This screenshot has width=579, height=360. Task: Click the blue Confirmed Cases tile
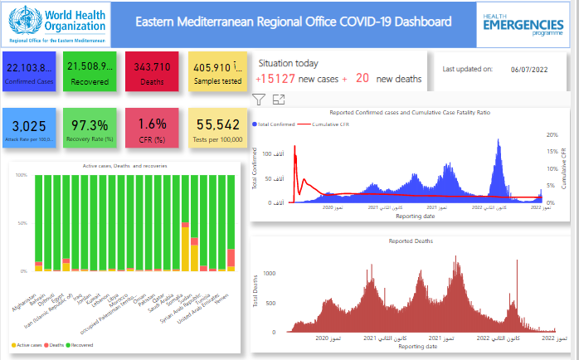tap(29, 71)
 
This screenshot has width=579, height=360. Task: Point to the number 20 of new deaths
tap(362, 78)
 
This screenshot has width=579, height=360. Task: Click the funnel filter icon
tap(259, 100)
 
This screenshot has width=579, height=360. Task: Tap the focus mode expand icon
tap(279, 100)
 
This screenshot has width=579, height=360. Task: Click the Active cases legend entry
tap(27, 343)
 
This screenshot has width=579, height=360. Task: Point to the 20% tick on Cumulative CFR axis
tap(552, 134)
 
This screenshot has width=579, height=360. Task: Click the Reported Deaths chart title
tap(410, 241)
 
